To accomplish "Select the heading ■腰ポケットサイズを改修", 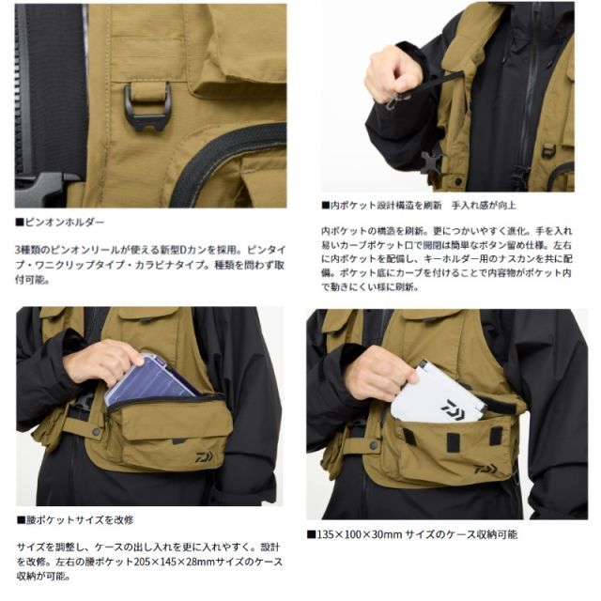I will click(75, 518).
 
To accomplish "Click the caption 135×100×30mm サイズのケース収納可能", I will click(410, 533).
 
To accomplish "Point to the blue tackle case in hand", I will click(150, 379).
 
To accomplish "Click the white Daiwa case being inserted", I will click(440, 393).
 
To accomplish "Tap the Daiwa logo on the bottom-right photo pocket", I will click(485, 468).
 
